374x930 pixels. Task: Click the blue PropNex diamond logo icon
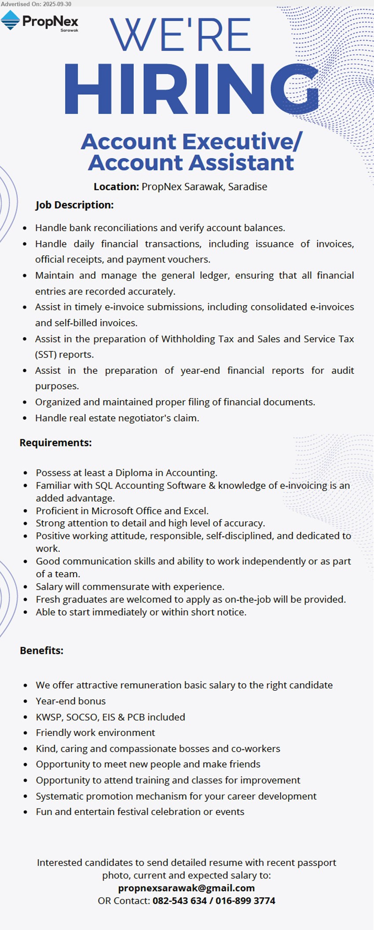coord(10,20)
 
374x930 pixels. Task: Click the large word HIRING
coord(191,89)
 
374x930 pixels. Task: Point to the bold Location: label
coord(116,187)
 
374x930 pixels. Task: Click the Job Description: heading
coord(74,205)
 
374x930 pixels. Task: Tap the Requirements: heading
coord(55,443)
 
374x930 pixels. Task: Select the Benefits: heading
coord(41,650)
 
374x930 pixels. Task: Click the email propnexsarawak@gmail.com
coord(187,888)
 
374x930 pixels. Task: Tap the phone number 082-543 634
coord(180,900)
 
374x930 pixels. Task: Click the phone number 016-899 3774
coord(245,900)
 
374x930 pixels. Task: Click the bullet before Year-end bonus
coord(26,701)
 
